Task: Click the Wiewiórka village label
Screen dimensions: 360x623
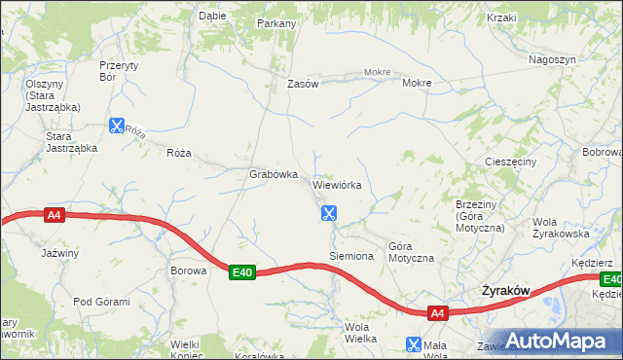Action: coord(338,184)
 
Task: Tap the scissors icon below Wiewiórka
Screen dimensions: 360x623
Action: coord(329,212)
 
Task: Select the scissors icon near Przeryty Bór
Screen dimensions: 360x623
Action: coord(117,126)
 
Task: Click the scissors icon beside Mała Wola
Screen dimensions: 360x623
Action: coord(414,344)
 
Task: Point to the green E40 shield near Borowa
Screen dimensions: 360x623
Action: coord(242,273)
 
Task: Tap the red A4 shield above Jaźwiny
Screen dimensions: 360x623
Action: coord(55,216)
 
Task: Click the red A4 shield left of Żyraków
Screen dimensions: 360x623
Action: coord(437,313)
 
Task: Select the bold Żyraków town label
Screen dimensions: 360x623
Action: coord(506,291)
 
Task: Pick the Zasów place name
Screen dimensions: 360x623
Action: coord(303,84)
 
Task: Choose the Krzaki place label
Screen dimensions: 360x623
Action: coord(502,18)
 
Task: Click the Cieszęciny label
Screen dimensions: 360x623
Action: coord(510,162)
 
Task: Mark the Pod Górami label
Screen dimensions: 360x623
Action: coord(101,302)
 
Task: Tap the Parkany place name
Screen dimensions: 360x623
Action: coord(276,22)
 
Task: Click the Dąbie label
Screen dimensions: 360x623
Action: coord(212,16)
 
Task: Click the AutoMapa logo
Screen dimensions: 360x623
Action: coord(561,341)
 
